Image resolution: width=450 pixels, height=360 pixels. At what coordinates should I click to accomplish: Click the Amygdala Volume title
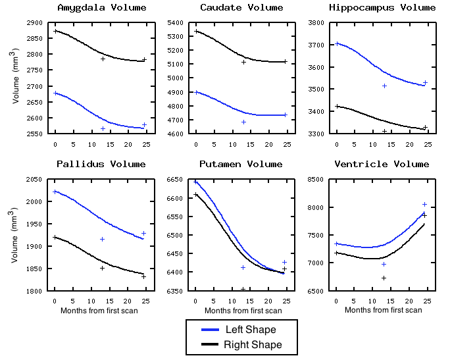[102, 8]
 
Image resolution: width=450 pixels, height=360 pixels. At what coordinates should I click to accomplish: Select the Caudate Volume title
[241, 8]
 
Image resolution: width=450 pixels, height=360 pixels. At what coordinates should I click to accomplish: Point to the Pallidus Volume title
[101, 164]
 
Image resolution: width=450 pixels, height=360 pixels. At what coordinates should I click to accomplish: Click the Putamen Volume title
[241, 164]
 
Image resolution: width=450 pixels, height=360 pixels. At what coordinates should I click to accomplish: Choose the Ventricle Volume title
[382, 164]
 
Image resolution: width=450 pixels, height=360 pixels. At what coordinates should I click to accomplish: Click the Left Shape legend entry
[242, 329]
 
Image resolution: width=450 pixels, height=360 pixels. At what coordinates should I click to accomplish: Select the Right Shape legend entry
[242, 345]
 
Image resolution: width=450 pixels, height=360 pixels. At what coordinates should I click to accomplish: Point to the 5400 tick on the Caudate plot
[174, 22]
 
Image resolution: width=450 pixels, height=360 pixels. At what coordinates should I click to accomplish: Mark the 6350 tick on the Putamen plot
[174, 290]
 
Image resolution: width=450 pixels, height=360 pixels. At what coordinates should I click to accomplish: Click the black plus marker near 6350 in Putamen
[243, 289]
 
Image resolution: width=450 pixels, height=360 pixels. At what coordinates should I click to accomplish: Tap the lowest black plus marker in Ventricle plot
[384, 278]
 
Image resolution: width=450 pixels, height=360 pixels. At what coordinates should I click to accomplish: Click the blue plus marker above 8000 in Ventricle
[424, 204]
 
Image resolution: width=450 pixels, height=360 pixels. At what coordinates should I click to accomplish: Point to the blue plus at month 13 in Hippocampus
[384, 86]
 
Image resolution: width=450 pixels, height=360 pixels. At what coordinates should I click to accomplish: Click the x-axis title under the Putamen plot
[241, 311]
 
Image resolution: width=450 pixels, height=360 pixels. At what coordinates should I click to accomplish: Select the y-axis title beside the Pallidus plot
[14, 236]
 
